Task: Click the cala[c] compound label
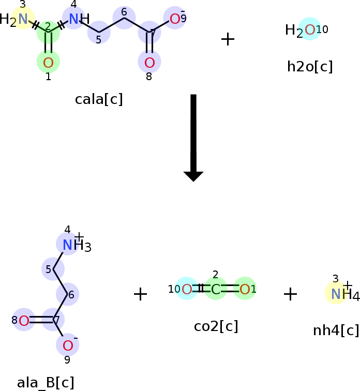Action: tap(99, 99)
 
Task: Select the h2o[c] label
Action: tap(310, 67)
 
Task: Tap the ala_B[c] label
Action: tap(46, 383)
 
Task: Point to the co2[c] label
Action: tap(216, 326)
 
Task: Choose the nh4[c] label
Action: tap(336, 330)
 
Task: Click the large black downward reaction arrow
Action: tap(193, 138)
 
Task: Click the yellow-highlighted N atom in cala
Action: tap(23, 19)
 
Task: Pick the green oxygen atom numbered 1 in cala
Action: tap(48, 63)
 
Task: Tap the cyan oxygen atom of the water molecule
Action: tap(310, 30)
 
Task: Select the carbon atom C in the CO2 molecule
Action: tap(216, 290)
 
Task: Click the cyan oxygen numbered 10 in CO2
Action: tap(187, 290)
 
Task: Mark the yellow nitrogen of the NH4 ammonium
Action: tap(336, 294)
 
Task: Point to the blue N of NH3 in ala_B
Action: tap(67, 245)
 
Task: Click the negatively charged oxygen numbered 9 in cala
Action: tap(175, 19)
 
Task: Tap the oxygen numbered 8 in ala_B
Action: tap(24, 321)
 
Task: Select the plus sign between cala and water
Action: tap(228, 39)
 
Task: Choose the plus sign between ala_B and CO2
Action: tap(140, 294)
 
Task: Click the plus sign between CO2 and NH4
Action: tap(291, 294)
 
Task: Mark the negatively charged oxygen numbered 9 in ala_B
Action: tap(68, 345)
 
